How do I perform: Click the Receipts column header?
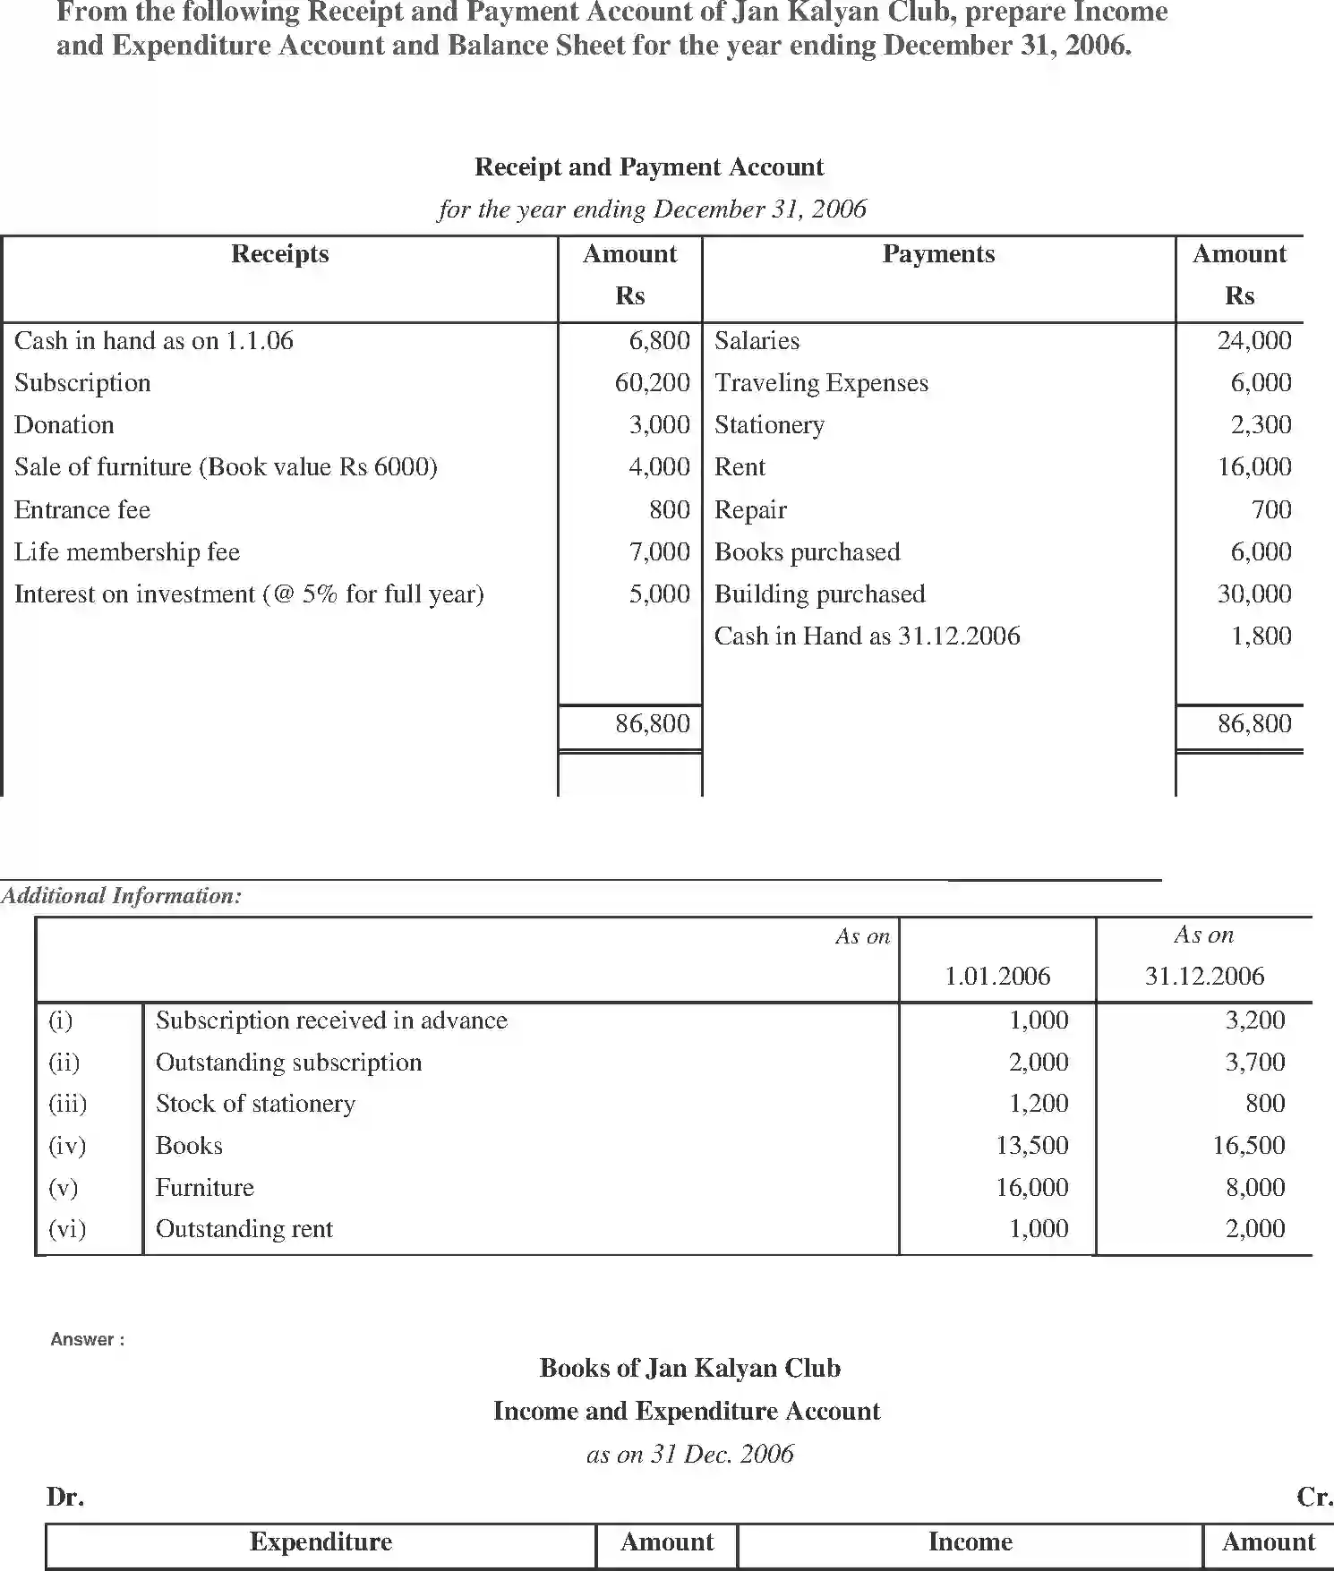point(279,254)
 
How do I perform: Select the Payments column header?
point(938,254)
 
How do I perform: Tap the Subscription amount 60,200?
point(652,383)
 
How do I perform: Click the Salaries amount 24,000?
point(1253,341)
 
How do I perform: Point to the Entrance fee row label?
point(82,510)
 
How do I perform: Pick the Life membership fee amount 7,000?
point(659,552)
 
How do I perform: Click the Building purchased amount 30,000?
point(1253,594)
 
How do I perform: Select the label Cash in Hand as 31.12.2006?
point(867,636)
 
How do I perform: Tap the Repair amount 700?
point(1271,510)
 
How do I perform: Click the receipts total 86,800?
point(652,723)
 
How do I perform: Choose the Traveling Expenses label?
point(821,383)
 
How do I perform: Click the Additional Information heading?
point(121,896)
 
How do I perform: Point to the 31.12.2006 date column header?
point(1204,976)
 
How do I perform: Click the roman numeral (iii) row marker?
point(67,1104)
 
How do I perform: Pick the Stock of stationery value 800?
point(1264,1104)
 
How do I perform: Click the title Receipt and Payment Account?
point(648,167)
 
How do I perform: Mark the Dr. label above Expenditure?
point(64,1497)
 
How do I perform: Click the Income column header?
point(970,1541)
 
